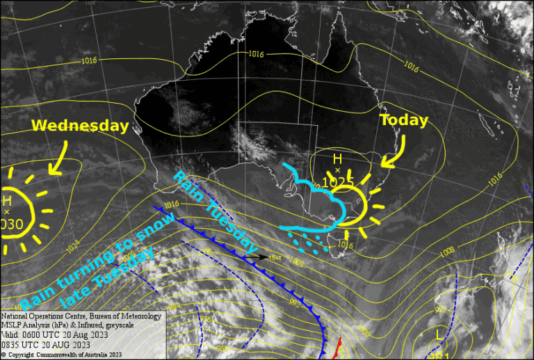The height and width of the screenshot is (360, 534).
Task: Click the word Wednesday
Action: [x=81, y=126]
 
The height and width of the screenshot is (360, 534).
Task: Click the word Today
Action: [x=404, y=120]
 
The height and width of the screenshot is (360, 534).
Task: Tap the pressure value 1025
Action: [x=339, y=182]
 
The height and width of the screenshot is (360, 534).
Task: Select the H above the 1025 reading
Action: [x=337, y=159]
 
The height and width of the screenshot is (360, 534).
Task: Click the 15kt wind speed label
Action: [x=275, y=257]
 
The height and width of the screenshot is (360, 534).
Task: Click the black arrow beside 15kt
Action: [x=255, y=257]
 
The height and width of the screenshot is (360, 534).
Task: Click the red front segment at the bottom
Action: [x=338, y=347]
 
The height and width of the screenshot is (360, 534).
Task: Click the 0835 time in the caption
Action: [x=12, y=344]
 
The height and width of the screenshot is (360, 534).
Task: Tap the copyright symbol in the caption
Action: [x=3, y=354]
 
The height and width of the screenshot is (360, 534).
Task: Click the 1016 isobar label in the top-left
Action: [x=89, y=60]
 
